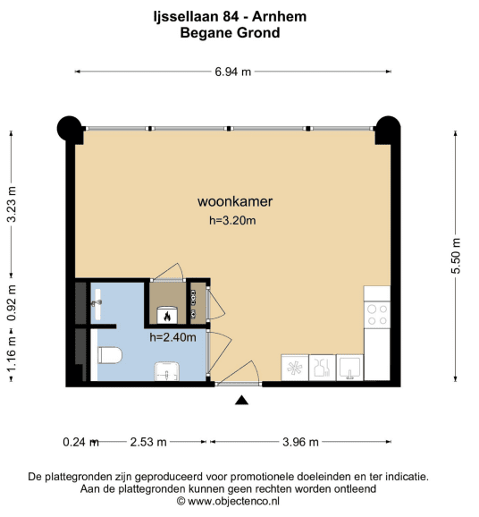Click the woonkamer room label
[235, 201]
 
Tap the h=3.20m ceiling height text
[232, 220]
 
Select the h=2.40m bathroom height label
[173, 337]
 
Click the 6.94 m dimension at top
[233, 72]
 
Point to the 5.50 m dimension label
[457, 256]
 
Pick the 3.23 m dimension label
[12, 205]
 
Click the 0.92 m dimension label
[12, 303]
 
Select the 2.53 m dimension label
[148, 442]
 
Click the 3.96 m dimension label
[300, 442]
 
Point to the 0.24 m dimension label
[81, 442]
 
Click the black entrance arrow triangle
[242, 400]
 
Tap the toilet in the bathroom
[110, 355]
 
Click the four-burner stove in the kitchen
[377, 315]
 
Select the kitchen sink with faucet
[349, 368]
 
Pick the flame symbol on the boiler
[167, 317]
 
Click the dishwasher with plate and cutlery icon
[323, 368]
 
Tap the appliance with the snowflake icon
[295, 368]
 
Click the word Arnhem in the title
[280, 16]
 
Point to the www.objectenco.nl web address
[234, 502]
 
